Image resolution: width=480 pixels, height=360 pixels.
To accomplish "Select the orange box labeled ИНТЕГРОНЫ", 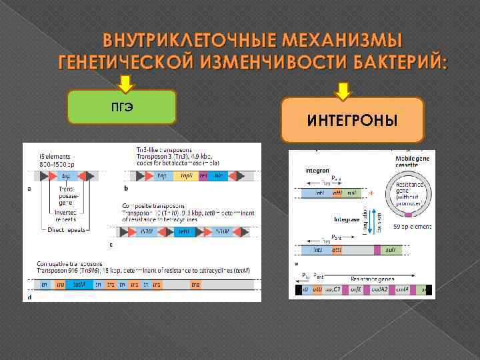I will pyautogui.click(x=352, y=120).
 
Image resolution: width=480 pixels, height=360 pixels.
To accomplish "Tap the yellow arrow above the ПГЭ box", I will pyautogui.click(x=125, y=83).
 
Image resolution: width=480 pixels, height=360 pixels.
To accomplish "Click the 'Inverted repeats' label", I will pyautogui.click(x=67, y=215).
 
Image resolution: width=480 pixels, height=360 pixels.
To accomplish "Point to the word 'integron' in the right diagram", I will pyautogui.click(x=318, y=170).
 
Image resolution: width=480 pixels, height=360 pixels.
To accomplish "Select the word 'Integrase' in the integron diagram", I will pyautogui.click(x=347, y=219).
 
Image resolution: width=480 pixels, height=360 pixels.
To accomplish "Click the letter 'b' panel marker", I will pyautogui.click(x=127, y=189).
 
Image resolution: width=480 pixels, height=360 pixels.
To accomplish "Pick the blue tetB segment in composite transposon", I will pyautogui.click(x=184, y=233).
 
